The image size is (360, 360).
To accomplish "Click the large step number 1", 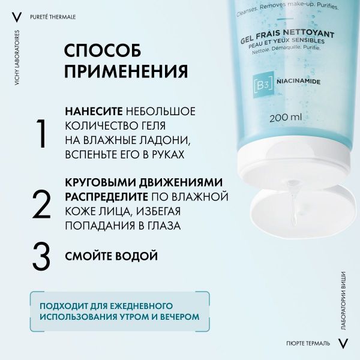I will tap(41, 133).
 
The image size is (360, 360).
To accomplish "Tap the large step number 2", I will tap(41, 204).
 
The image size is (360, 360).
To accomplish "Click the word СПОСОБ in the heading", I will tap(103, 49).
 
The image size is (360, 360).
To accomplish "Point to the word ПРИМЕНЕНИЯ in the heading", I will tap(125, 71).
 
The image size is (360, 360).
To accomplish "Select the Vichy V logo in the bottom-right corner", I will tap(343, 343).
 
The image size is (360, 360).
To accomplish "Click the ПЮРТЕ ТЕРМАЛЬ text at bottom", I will tap(308, 343).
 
